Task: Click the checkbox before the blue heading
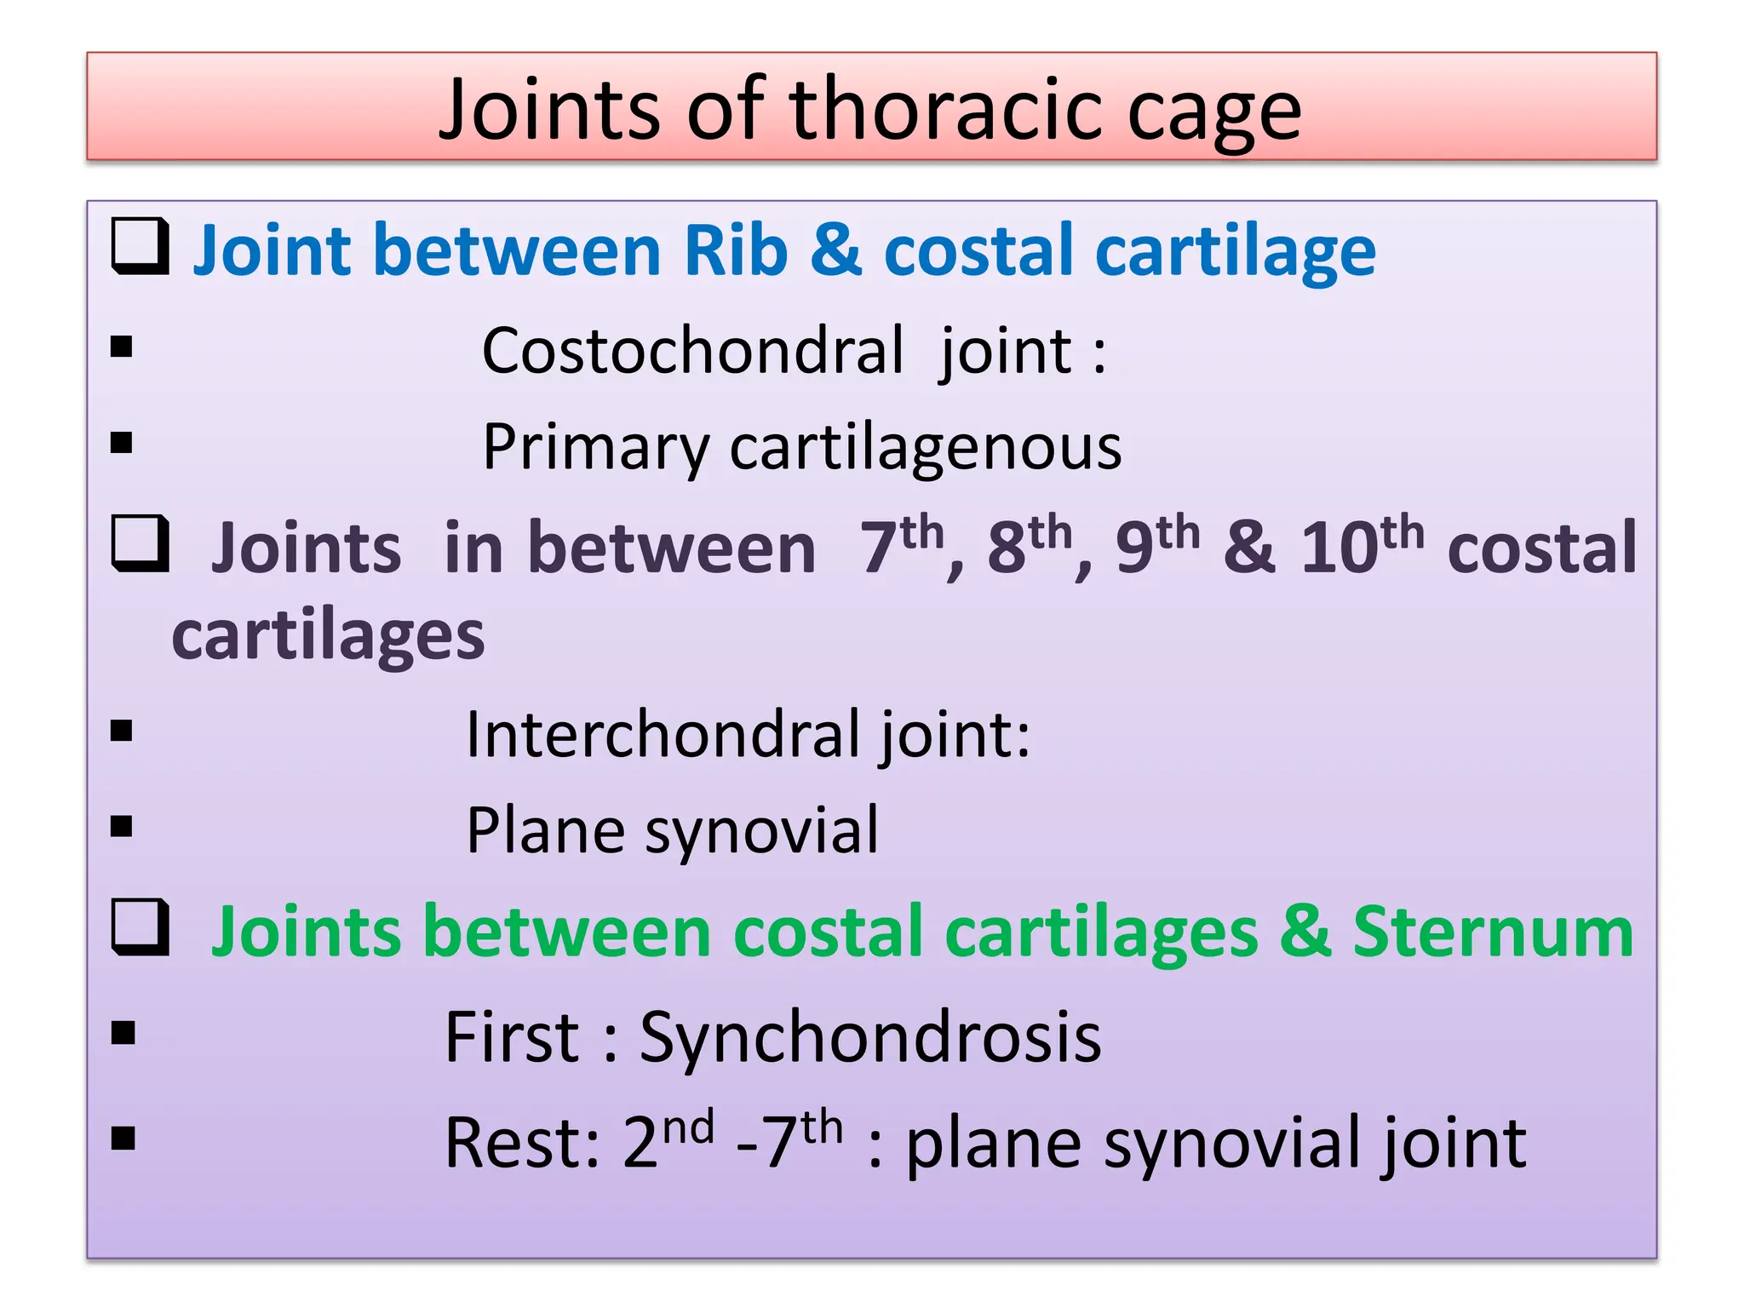(x=140, y=246)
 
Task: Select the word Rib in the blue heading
(x=735, y=250)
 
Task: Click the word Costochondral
(x=691, y=350)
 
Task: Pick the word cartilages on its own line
(x=328, y=636)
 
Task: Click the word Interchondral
(x=662, y=734)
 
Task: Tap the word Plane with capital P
(x=545, y=829)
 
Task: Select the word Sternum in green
(x=1493, y=932)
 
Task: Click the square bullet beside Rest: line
(x=123, y=1139)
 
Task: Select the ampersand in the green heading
(x=1305, y=932)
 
